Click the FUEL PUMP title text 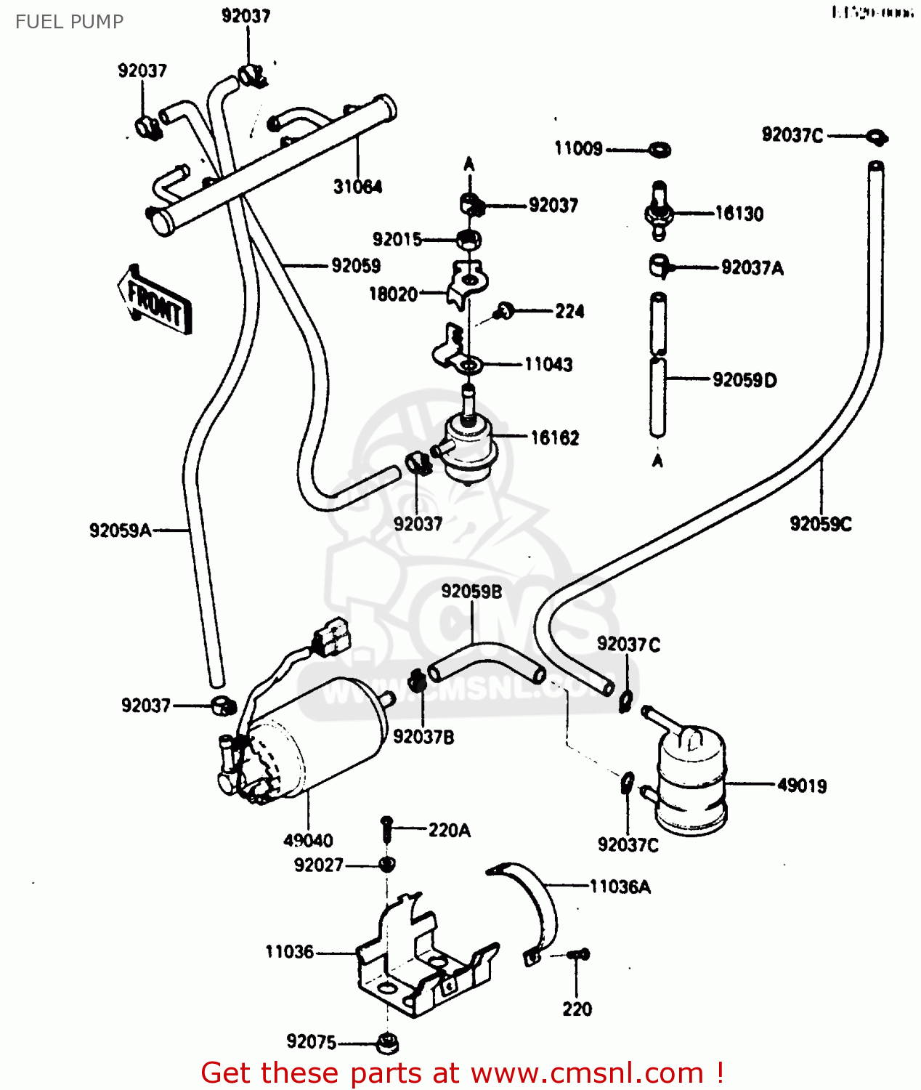click(x=69, y=22)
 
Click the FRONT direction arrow click(x=155, y=301)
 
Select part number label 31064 click(x=357, y=187)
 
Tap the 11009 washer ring click(x=660, y=150)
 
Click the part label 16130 click(x=739, y=214)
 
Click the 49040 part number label click(x=308, y=841)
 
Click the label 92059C click(x=821, y=524)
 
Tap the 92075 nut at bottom click(x=388, y=1043)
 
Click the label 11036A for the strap click(x=620, y=887)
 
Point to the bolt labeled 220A click(x=386, y=827)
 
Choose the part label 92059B click(x=471, y=592)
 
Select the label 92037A click(x=752, y=268)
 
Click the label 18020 click(x=393, y=294)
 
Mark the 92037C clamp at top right click(x=877, y=136)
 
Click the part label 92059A click(x=121, y=530)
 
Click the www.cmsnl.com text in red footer click(x=587, y=1073)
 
